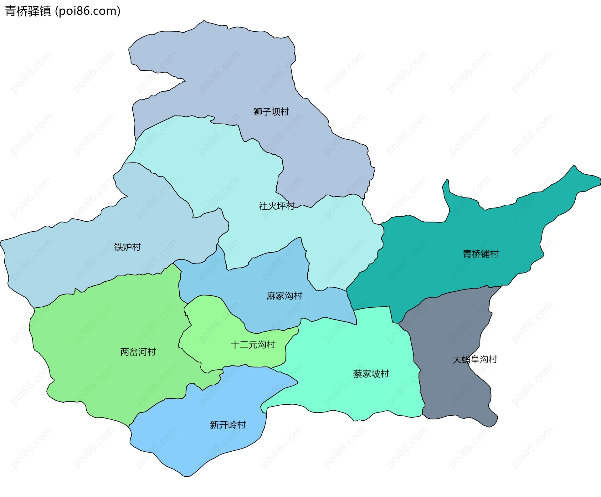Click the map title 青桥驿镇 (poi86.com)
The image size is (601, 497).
pos(63,11)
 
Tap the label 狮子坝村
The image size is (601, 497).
pos(271,112)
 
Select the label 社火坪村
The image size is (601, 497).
pos(277,206)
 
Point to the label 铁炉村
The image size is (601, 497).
pos(127,247)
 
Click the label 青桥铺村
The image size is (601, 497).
pos(481,254)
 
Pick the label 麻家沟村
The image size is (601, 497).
pos(285,296)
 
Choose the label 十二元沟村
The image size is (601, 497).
pos(253,345)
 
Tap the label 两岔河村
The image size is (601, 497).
pos(138,352)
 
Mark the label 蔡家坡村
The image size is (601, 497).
pos(371,374)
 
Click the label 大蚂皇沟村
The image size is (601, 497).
pos(475,360)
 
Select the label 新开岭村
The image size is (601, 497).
pos(228,425)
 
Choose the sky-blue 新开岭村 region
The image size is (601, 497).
pos(200,444)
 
